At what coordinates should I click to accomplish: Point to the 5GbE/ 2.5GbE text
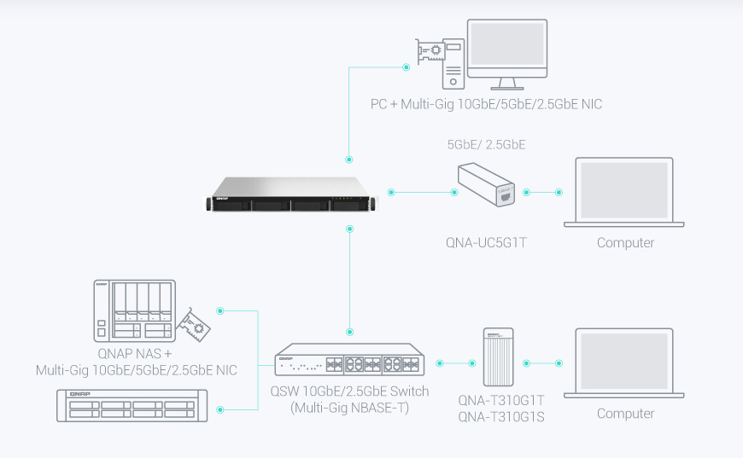pyautogui.click(x=486, y=145)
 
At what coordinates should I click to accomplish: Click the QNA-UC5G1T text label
pyautogui.click(x=486, y=243)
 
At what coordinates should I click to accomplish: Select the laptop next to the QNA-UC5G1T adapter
pyautogui.click(x=624, y=192)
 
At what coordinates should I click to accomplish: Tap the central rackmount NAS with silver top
pyautogui.click(x=290, y=194)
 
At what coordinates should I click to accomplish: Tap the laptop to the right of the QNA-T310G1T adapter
pyautogui.click(x=624, y=362)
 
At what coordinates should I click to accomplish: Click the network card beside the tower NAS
pyautogui.click(x=196, y=325)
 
